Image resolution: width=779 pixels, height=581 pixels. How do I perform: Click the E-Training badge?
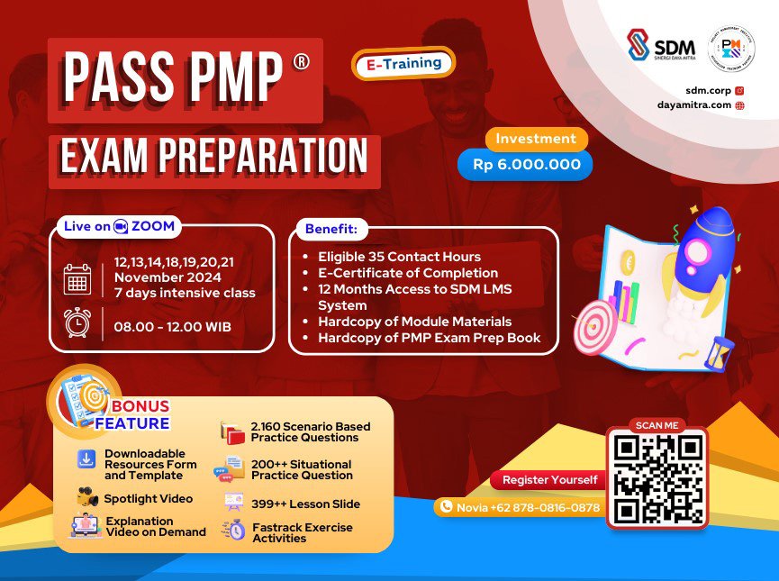(403, 63)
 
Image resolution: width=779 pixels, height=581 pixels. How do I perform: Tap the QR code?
(657, 477)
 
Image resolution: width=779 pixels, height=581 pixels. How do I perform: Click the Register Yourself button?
(549, 479)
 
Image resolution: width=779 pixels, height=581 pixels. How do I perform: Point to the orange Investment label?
(536, 139)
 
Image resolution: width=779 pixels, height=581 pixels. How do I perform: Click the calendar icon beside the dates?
(77, 279)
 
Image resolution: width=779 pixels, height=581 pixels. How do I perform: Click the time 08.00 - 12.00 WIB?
(172, 326)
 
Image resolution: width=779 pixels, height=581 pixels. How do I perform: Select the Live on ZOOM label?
(119, 226)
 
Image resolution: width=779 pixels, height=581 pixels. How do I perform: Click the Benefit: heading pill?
(331, 229)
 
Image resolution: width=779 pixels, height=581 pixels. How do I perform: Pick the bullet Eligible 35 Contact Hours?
(399, 257)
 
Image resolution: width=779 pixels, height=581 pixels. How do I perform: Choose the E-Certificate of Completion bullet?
(408, 273)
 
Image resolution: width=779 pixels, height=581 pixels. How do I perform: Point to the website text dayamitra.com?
(693, 104)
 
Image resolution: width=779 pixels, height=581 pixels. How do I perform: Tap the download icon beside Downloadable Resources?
(86, 459)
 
